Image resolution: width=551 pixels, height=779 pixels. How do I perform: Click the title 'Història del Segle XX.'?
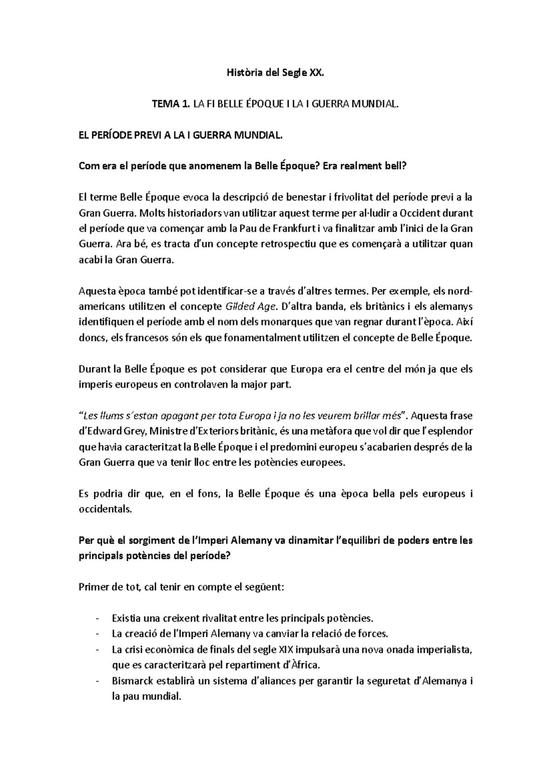[x=276, y=73]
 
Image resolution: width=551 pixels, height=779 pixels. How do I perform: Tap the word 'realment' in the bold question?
[x=361, y=167]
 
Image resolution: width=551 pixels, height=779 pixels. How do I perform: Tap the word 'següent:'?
[x=266, y=587]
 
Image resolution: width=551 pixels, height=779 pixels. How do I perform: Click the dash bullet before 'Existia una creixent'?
[x=97, y=618]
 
